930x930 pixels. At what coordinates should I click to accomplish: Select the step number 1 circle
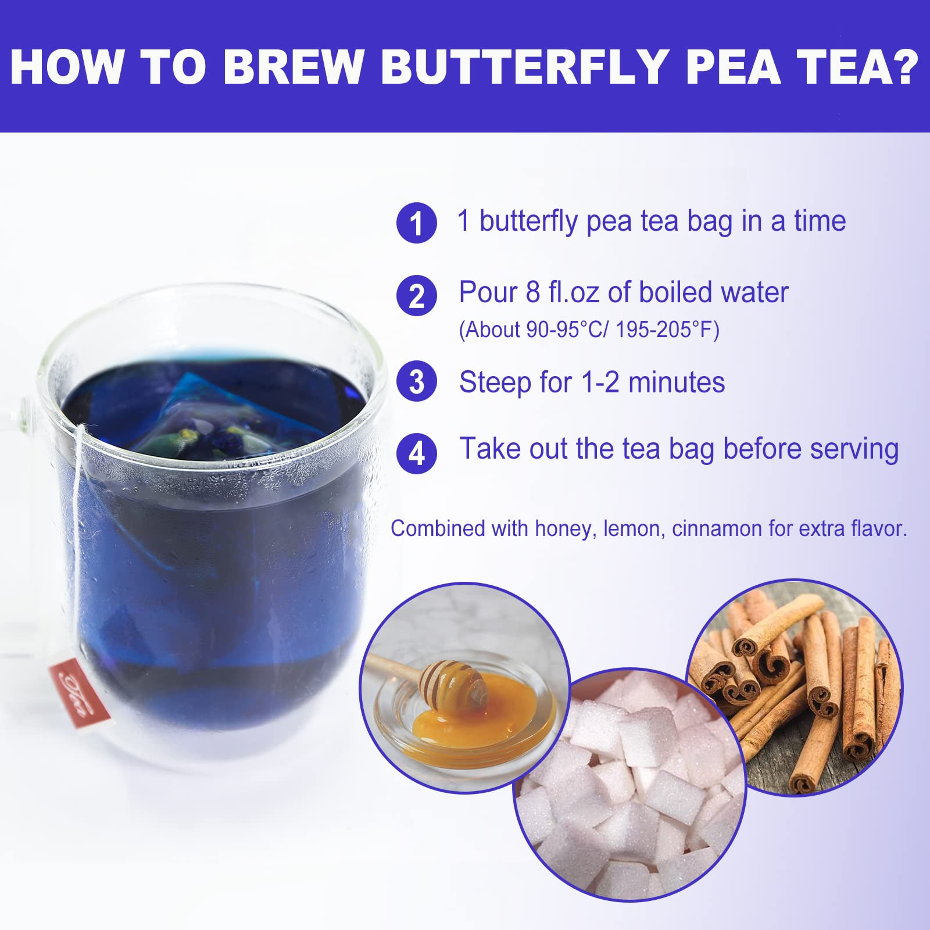(x=416, y=223)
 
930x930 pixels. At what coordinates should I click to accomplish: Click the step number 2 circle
(x=416, y=295)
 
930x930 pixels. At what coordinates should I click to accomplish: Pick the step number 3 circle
(x=416, y=381)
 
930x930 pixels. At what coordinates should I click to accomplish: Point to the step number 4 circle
(x=416, y=453)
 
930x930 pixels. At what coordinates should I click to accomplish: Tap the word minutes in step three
(x=677, y=383)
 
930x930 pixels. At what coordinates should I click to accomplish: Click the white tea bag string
(x=76, y=541)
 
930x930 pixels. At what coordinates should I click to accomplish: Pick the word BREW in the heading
(x=293, y=67)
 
